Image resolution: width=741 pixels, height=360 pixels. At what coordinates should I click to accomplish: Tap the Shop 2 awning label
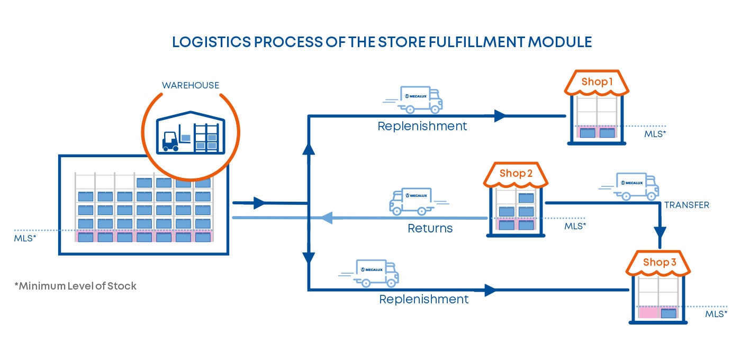click(x=516, y=173)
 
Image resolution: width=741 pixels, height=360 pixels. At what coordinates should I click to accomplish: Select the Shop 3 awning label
click(x=659, y=262)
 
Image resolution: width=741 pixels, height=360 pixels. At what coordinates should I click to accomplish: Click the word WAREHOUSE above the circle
click(x=190, y=85)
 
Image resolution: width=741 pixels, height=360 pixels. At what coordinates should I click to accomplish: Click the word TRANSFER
click(x=686, y=205)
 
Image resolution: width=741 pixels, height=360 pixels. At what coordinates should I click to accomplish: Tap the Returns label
click(x=430, y=229)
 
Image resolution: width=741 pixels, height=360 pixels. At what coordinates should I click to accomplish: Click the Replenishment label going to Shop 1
click(x=422, y=126)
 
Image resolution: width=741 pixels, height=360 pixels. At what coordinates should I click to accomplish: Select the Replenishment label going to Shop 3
click(x=423, y=299)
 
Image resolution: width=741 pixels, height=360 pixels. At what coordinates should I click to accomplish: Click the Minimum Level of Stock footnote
click(x=75, y=286)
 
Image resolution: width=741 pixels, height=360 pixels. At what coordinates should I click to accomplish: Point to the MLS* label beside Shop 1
click(x=655, y=134)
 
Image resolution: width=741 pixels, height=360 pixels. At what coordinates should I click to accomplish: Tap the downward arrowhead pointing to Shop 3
click(x=660, y=233)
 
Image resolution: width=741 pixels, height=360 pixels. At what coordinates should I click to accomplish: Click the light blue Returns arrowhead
click(x=324, y=218)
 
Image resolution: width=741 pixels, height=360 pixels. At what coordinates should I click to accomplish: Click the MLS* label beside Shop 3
click(x=716, y=314)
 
